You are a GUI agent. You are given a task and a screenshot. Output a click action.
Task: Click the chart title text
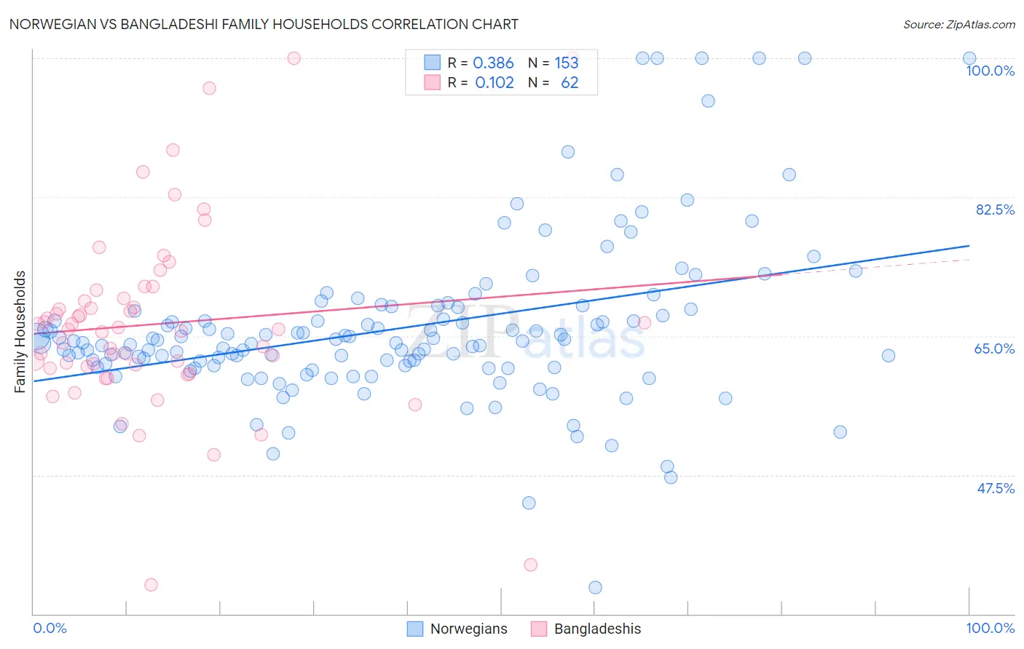click(x=264, y=24)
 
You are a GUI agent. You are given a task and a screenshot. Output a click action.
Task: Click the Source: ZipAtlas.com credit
click(x=958, y=24)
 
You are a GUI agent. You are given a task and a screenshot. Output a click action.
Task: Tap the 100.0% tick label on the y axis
click(x=990, y=71)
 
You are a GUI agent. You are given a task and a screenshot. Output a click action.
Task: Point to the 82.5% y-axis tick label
click(x=995, y=210)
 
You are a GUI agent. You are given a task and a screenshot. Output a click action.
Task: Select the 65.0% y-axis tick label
click(x=994, y=349)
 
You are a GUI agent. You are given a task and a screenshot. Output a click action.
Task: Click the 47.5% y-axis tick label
click(x=995, y=488)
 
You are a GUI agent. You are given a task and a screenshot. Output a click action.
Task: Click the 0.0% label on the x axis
click(x=50, y=628)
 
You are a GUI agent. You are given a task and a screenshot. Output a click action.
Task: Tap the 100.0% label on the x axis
click(x=990, y=628)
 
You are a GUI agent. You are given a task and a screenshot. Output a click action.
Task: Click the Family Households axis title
click(x=20, y=332)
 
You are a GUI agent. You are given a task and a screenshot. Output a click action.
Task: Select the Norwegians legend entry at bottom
click(x=457, y=629)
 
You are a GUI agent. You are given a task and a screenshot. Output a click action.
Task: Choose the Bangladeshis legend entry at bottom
click(x=586, y=629)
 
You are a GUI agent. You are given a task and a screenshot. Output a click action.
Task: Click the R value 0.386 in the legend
click(x=493, y=63)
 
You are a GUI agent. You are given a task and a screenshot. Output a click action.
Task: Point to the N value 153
click(x=567, y=63)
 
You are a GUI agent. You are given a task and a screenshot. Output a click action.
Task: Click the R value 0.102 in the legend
click(x=495, y=82)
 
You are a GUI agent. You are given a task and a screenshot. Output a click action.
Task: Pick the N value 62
click(x=570, y=82)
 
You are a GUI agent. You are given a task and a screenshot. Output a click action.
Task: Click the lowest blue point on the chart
click(x=595, y=587)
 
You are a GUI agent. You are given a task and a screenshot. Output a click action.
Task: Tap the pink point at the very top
click(x=294, y=58)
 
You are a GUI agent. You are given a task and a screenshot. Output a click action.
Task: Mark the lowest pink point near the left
click(x=151, y=584)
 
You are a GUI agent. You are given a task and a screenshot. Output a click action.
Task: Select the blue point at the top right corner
click(x=969, y=58)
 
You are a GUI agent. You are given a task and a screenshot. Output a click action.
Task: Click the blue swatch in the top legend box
click(x=433, y=63)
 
